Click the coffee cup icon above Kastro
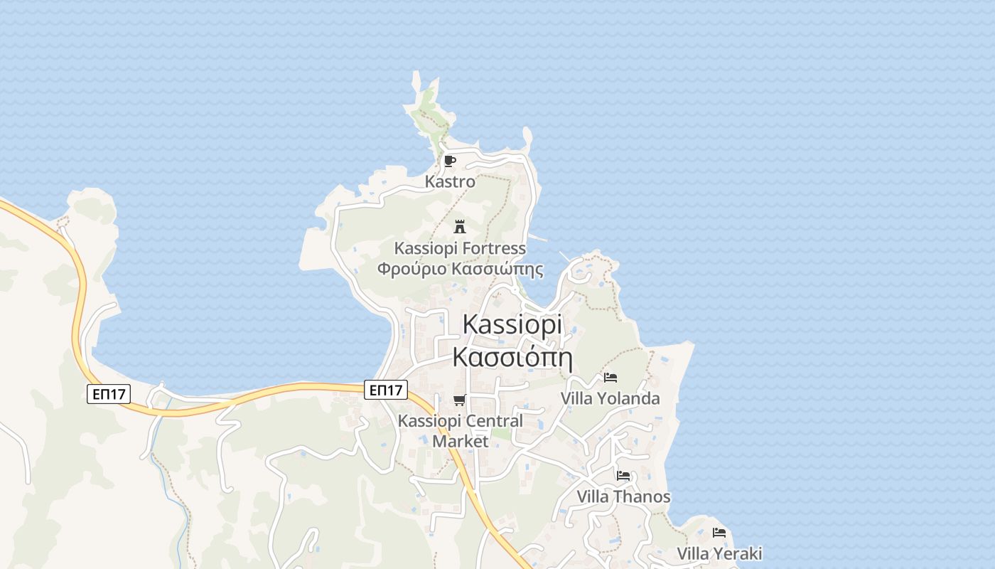pos(449,161)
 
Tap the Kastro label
pos(450,182)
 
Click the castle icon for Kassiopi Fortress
pos(460,227)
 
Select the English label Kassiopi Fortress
pos(460,249)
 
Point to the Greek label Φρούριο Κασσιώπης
pos(460,270)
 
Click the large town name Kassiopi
pos(512,324)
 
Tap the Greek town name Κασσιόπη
pos(512,356)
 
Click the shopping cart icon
pos(460,400)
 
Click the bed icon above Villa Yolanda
pos(610,378)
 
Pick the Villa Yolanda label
pos(610,398)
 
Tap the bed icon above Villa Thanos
pos(623,476)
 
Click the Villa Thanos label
pos(623,496)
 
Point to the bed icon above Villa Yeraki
pos(719,532)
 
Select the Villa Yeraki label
pos(719,553)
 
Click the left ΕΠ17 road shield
pos(109,393)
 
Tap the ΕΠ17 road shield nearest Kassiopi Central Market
pos(386,390)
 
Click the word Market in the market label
pos(461,442)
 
